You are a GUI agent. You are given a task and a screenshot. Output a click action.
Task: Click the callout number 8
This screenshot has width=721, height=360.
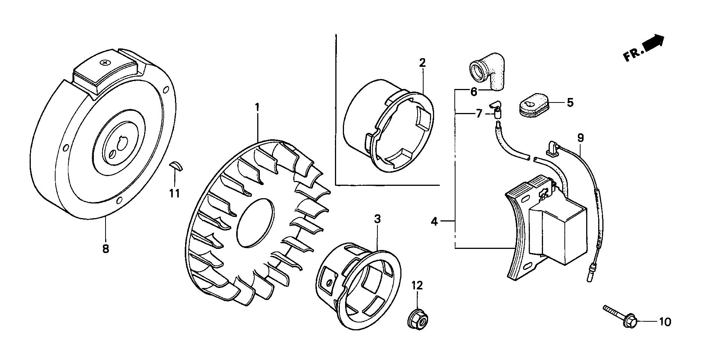click(x=106, y=249)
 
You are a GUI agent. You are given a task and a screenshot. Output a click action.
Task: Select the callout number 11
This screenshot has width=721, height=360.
click(x=174, y=194)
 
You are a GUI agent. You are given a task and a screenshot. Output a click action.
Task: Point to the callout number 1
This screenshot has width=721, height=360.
click(x=257, y=107)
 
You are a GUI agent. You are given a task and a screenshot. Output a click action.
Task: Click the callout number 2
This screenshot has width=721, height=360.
click(x=422, y=63)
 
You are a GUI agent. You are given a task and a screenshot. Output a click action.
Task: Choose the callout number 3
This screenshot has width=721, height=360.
click(x=377, y=219)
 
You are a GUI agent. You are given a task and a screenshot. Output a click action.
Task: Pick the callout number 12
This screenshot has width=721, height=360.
click(x=417, y=286)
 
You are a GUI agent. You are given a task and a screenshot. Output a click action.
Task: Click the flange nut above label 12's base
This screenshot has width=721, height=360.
click(x=418, y=320)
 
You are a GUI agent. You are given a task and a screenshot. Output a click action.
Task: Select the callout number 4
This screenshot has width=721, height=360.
click(x=434, y=222)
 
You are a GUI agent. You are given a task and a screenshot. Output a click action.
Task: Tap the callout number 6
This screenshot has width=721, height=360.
click(x=474, y=91)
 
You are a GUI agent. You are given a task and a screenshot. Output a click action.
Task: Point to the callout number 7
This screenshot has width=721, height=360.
click(x=479, y=113)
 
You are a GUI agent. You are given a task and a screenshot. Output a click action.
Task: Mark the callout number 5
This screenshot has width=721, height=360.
click(x=570, y=102)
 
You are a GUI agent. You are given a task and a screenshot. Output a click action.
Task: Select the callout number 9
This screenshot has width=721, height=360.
click(x=581, y=138)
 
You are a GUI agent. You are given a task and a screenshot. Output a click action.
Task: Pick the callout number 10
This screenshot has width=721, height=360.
click(x=665, y=322)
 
